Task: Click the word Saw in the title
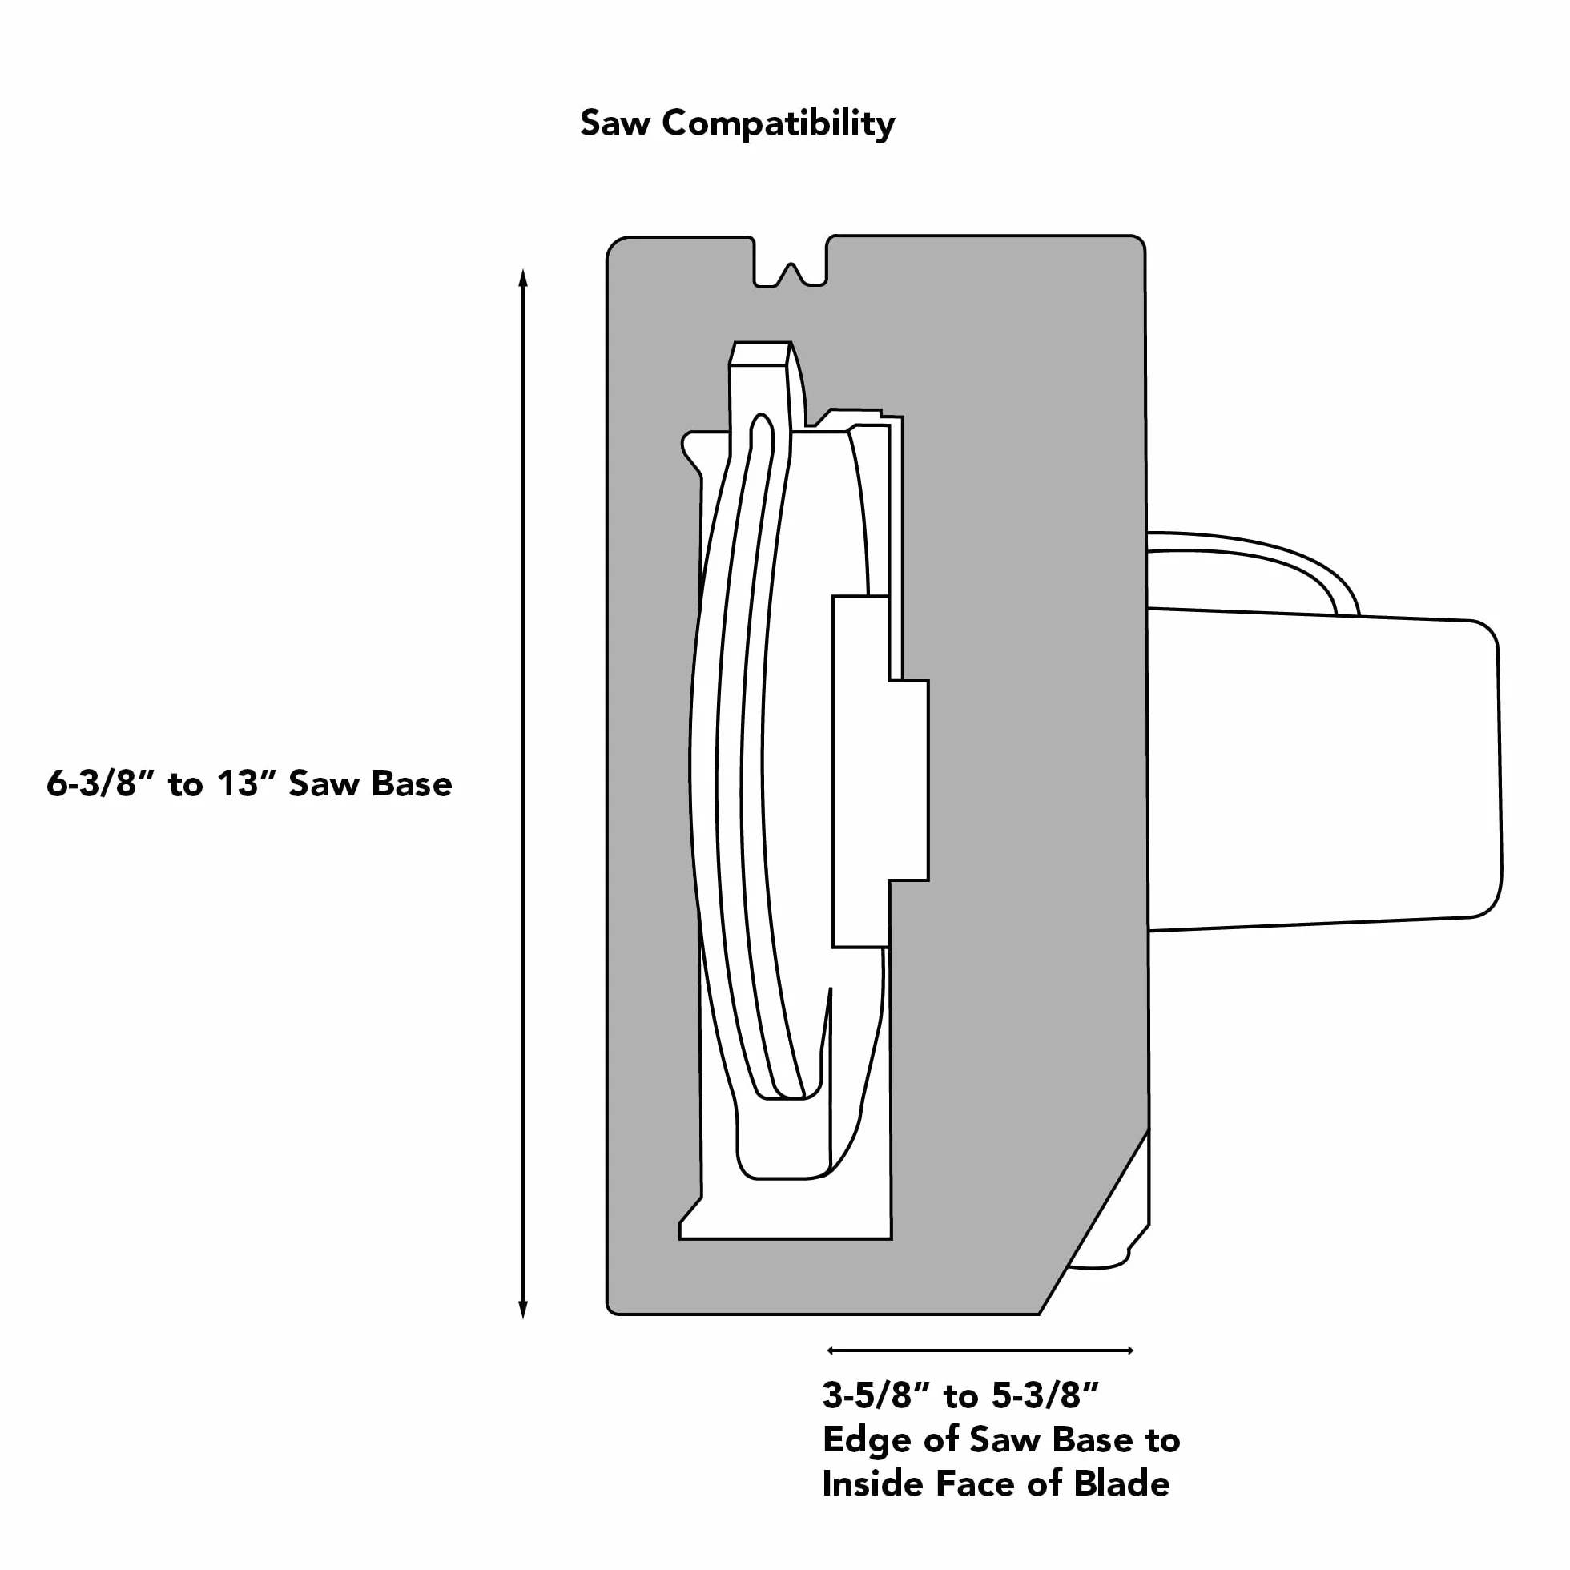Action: click(614, 123)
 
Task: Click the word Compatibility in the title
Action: click(779, 124)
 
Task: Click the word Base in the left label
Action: click(410, 784)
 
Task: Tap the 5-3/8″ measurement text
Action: click(1045, 1395)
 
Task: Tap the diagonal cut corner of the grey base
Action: click(1094, 1221)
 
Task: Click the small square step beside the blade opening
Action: click(908, 780)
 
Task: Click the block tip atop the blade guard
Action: click(760, 353)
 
